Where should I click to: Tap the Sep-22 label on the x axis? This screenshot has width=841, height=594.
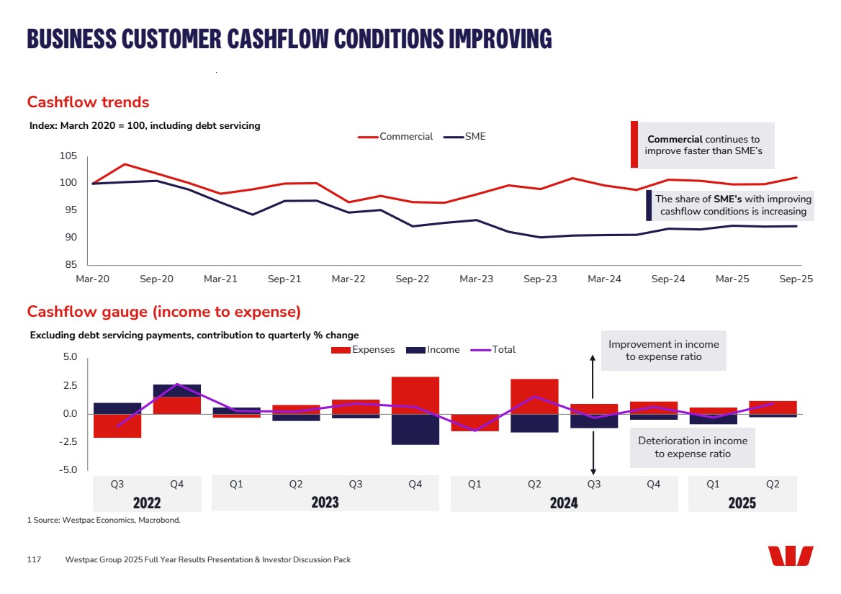pos(413,279)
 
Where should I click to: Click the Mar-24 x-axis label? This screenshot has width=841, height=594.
pos(605,279)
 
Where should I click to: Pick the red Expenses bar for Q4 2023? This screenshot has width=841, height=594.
pos(415,395)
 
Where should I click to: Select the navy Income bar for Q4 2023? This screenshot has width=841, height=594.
pos(415,429)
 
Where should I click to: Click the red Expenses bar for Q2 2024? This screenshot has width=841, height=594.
pos(534,396)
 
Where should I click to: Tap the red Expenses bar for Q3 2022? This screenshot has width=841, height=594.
pos(117,426)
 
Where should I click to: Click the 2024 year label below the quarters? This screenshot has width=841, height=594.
pos(564,503)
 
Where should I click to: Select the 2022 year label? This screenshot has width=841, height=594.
pos(147,503)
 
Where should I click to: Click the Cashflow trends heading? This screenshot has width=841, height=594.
pos(88,102)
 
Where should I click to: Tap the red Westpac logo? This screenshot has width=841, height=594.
pos(790,556)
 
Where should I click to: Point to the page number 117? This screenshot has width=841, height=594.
pos(34,559)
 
